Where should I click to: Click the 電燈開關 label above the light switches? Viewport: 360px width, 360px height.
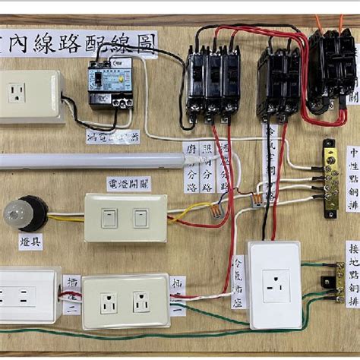pos(128,183)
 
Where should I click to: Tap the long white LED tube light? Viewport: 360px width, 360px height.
pos(91,159)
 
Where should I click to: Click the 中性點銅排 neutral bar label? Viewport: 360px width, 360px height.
pos(352,182)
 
